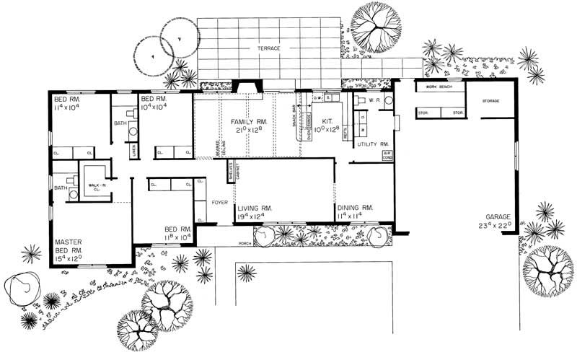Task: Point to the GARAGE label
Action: coord(498,216)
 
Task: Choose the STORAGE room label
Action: coord(491,100)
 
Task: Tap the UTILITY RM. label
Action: coord(374,144)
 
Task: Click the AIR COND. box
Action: coord(387,155)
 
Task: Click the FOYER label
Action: coord(220,203)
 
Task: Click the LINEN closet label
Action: coord(134,151)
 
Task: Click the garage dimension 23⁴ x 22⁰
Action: coord(498,225)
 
